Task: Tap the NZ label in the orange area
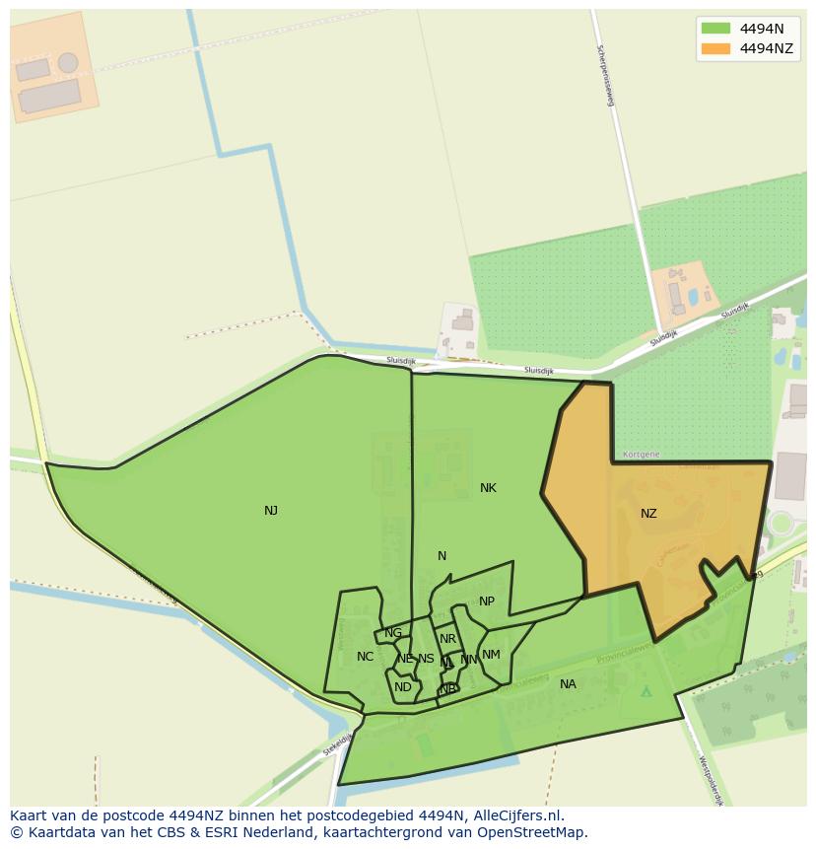[648, 514]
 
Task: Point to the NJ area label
[271, 511]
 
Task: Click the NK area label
[488, 488]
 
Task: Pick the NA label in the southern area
[568, 684]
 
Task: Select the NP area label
[487, 601]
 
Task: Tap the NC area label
[365, 657]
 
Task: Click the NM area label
[491, 655]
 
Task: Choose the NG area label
[393, 633]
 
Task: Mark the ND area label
[403, 687]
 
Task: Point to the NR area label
[448, 639]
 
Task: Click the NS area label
[426, 659]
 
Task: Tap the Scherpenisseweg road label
[605, 75]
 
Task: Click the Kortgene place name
[642, 455]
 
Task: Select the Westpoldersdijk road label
[712, 781]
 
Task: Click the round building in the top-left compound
[68, 63]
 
